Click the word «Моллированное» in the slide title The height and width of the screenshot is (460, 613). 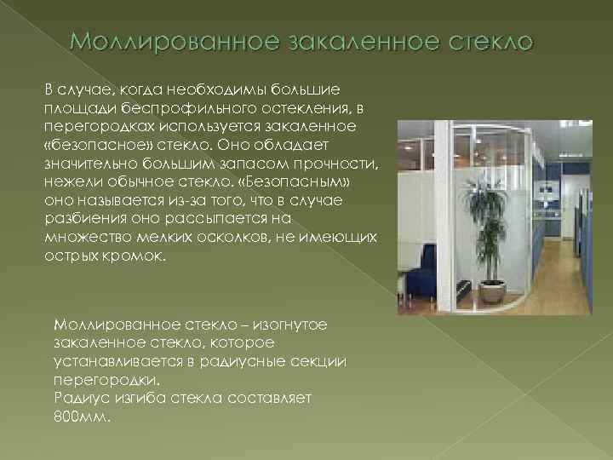coord(163,42)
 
